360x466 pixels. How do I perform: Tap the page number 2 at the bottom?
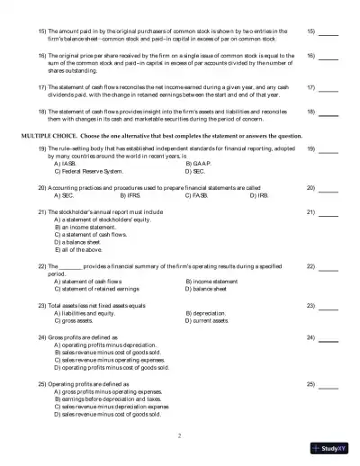pos(180,435)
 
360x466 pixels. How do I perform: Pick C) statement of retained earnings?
pos(96,289)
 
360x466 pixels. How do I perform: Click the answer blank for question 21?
pos(328,211)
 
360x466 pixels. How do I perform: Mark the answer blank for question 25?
pos(328,384)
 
